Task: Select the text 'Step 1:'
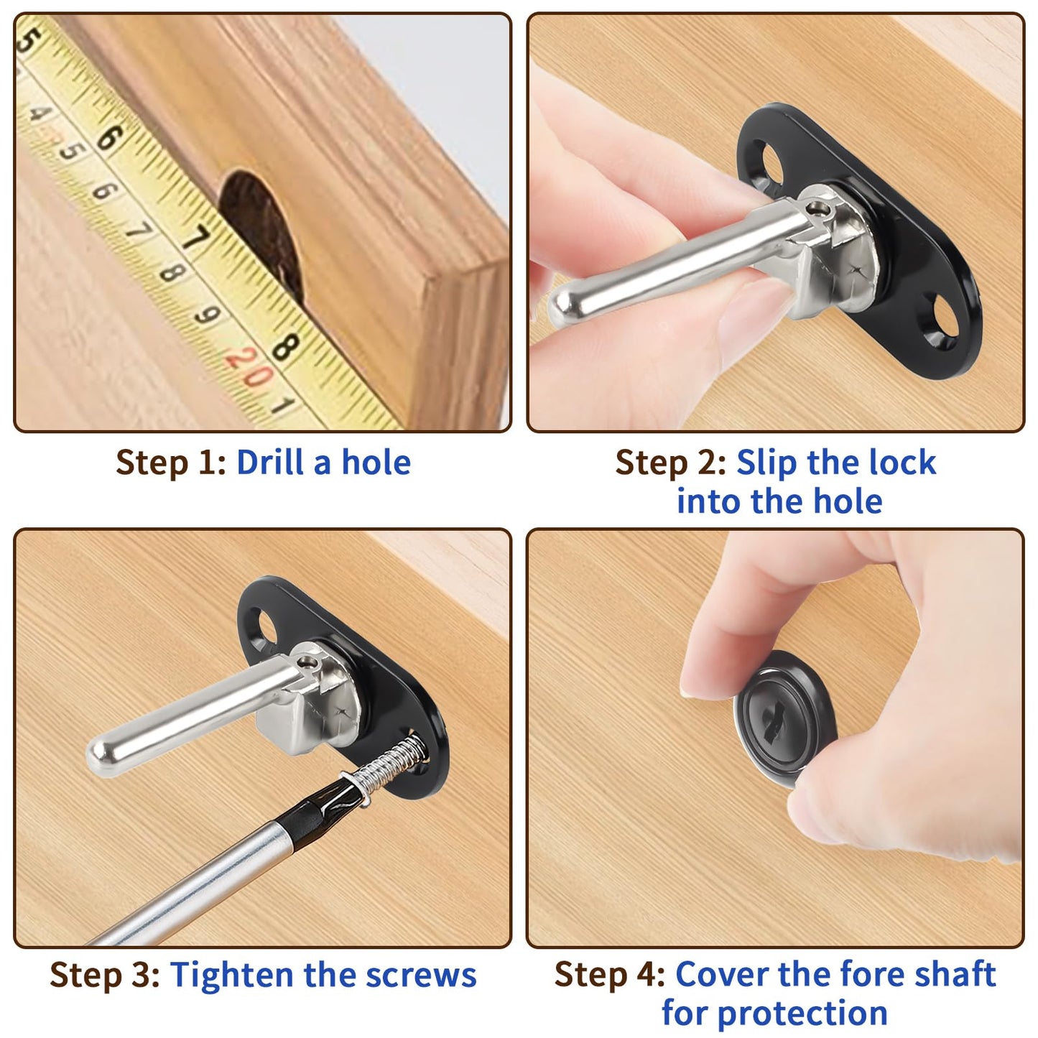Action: pyautogui.click(x=171, y=463)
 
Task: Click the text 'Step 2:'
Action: pyautogui.click(x=670, y=463)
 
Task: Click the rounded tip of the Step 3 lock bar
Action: pyautogui.click(x=99, y=754)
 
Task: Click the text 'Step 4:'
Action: pyautogui.click(x=610, y=976)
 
